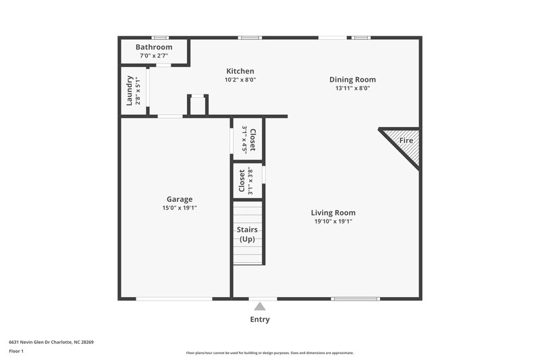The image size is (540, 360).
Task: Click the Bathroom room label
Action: pyautogui.click(x=154, y=47)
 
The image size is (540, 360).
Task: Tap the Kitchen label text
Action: pyautogui.click(x=240, y=71)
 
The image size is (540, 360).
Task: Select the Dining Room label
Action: pyautogui.click(x=352, y=79)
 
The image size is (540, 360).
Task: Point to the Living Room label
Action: pyautogui.click(x=333, y=212)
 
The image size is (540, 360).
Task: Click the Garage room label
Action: pyautogui.click(x=180, y=199)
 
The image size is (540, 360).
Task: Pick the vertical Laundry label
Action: pyautogui.click(x=130, y=91)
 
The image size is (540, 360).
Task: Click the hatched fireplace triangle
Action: pyautogui.click(x=404, y=144)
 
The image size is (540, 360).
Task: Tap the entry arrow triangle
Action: pyautogui.click(x=260, y=306)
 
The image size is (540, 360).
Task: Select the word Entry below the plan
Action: pyautogui.click(x=260, y=319)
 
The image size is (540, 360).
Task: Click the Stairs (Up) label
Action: pyautogui.click(x=246, y=234)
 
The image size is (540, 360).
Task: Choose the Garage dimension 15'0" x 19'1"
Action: pyautogui.click(x=180, y=208)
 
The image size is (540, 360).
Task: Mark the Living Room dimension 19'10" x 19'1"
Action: pyautogui.click(x=333, y=221)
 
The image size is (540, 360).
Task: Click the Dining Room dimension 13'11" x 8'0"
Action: pyautogui.click(x=352, y=88)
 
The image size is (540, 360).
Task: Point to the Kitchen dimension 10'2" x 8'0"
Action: pyautogui.click(x=240, y=80)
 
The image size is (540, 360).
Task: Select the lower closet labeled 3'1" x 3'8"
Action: pyautogui.click(x=246, y=181)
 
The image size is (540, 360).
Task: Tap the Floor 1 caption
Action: pyautogui.click(x=16, y=351)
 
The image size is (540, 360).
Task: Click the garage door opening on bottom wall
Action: pyautogui.click(x=174, y=298)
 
